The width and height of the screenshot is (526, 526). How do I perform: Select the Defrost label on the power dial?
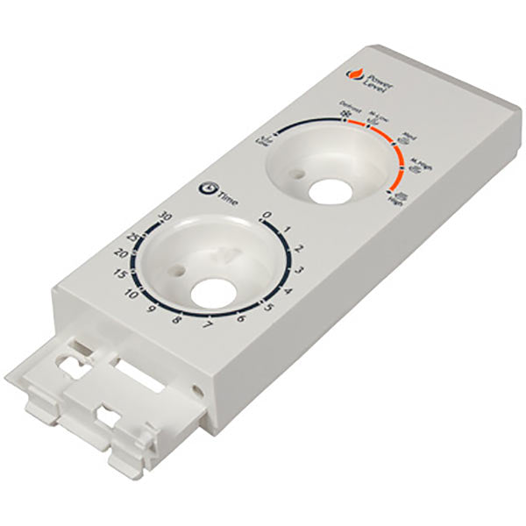pyautogui.click(x=345, y=111)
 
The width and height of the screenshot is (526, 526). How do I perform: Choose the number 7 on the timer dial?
pyautogui.click(x=207, y=326)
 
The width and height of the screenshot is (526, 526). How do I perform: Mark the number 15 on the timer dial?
pyautogui.click(x=121, y=275)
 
